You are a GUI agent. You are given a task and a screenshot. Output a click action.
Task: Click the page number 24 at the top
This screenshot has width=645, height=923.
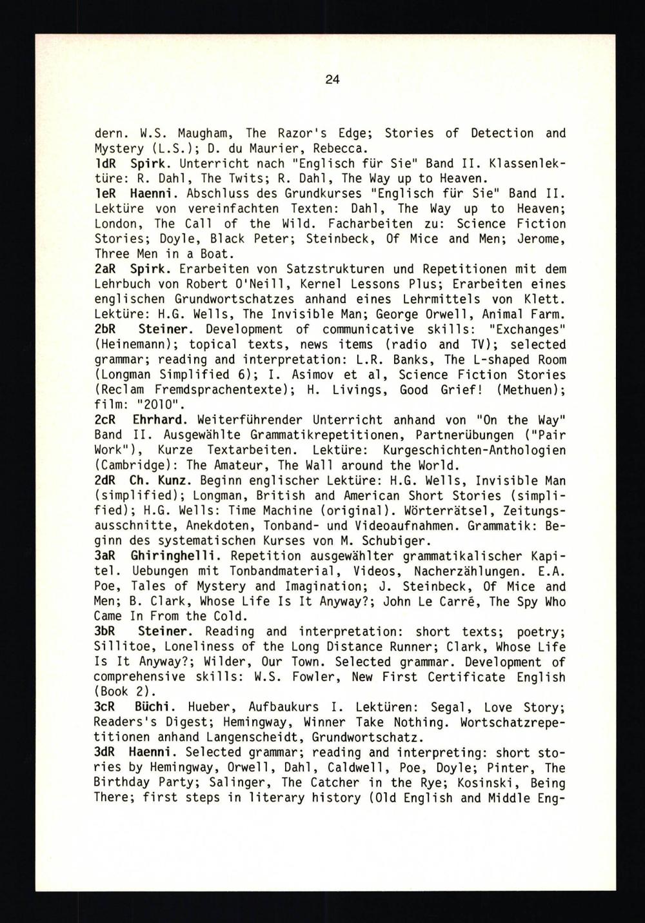click(x=332, y=81)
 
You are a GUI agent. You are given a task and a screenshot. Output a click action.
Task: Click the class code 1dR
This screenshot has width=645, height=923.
click(x=105, y=163)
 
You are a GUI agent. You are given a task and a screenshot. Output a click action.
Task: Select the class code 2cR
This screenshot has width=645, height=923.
click(x=105, y=420)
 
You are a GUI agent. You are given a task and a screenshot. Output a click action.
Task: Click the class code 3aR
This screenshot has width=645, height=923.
click(x=105, y=556)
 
